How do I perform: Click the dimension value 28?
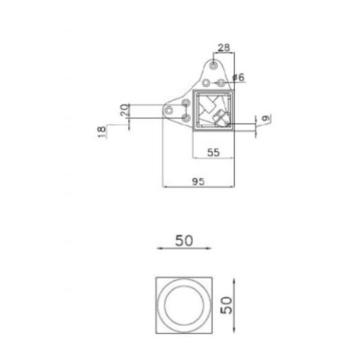coord(224,47)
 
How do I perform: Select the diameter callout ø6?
coord(239,77)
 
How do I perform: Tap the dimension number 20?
coord(124,110)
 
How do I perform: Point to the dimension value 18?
coord(102,132)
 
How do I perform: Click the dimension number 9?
coord(266,118)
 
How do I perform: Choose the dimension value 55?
coord(214,152)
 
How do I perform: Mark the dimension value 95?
coord(198,182)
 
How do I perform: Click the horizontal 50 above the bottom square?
coord(184,241)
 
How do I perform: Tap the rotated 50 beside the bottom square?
coord(226,305)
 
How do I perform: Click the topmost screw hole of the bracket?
coord(214,65)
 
